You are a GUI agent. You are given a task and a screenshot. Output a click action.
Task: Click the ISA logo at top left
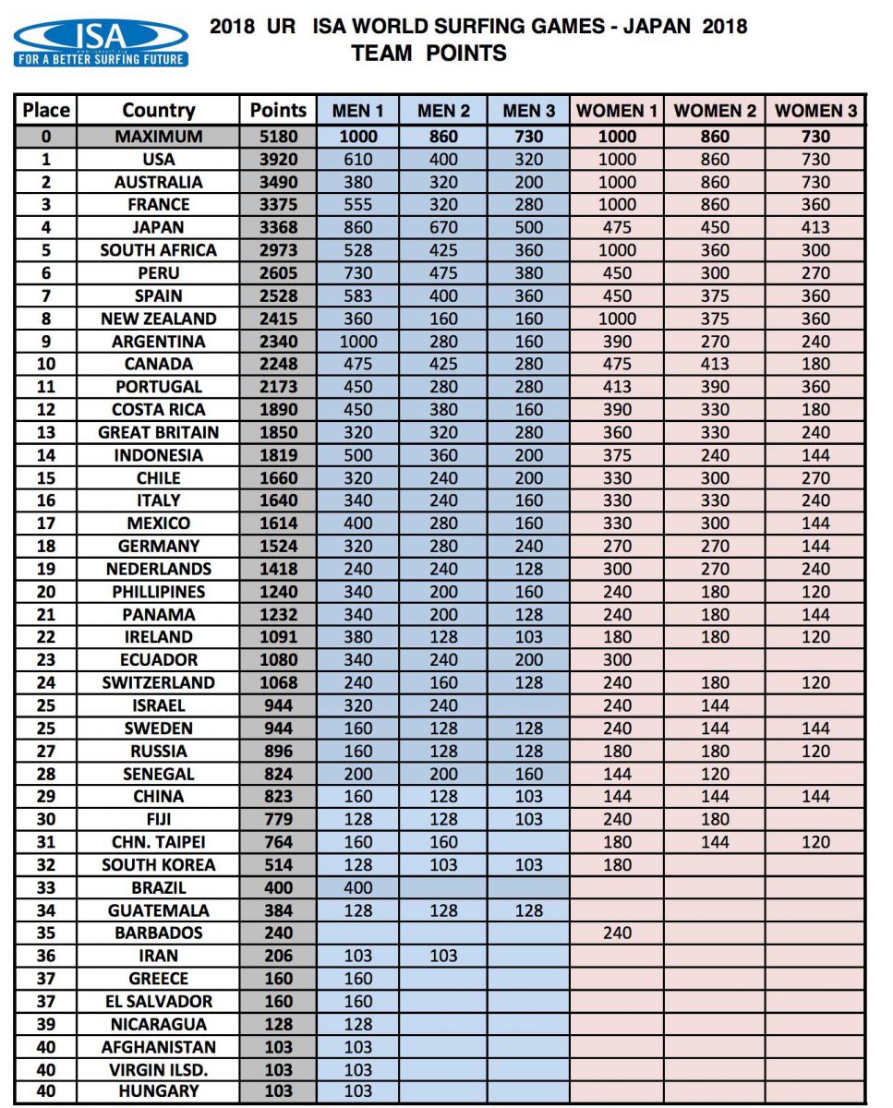101,42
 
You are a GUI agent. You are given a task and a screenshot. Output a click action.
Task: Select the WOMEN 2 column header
715,112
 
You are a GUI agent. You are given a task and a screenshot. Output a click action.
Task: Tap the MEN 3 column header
529,112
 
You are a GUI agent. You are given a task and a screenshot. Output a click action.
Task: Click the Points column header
278,111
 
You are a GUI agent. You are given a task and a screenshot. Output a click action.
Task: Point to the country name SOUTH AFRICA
158,250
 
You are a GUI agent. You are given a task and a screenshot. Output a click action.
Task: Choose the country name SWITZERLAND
158,682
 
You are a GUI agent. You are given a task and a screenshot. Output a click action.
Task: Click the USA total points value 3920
278,160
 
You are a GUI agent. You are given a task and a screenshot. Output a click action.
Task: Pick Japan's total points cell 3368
278,228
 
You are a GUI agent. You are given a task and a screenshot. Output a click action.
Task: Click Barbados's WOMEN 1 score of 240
617,933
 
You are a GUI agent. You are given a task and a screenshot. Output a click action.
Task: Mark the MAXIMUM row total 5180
278,137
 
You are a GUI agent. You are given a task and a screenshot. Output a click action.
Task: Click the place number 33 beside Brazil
45,887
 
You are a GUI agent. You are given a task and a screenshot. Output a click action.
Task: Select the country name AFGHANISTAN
158,1047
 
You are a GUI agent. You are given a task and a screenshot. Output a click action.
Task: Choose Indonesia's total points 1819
278,455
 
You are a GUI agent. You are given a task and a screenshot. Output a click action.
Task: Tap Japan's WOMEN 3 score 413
815,228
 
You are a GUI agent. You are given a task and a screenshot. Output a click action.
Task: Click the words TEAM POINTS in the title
428,54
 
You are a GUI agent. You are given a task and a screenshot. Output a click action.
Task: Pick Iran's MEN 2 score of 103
443,956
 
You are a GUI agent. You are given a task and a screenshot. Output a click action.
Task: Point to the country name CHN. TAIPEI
158,842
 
